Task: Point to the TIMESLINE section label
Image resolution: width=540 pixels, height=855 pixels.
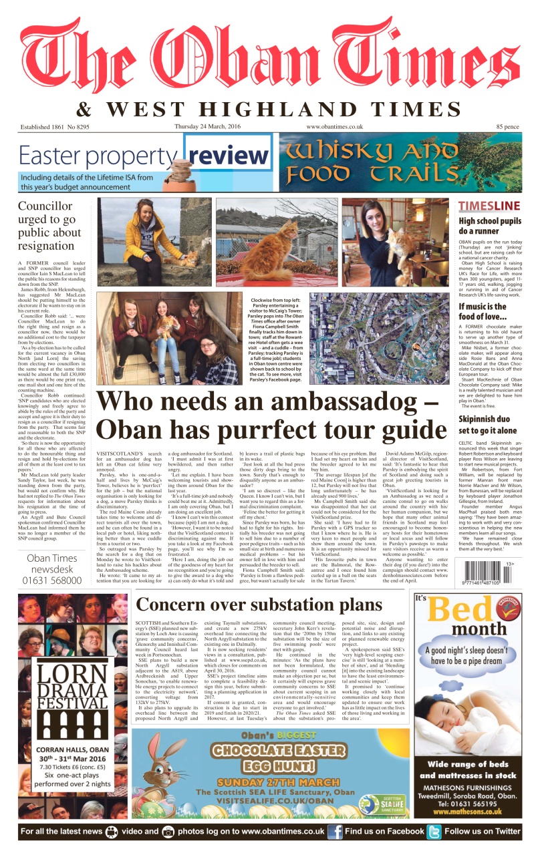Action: (489, 206)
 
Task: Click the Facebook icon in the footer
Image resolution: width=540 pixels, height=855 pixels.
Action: (335, 832)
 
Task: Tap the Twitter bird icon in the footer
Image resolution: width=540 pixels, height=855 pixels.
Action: (434, 832)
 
